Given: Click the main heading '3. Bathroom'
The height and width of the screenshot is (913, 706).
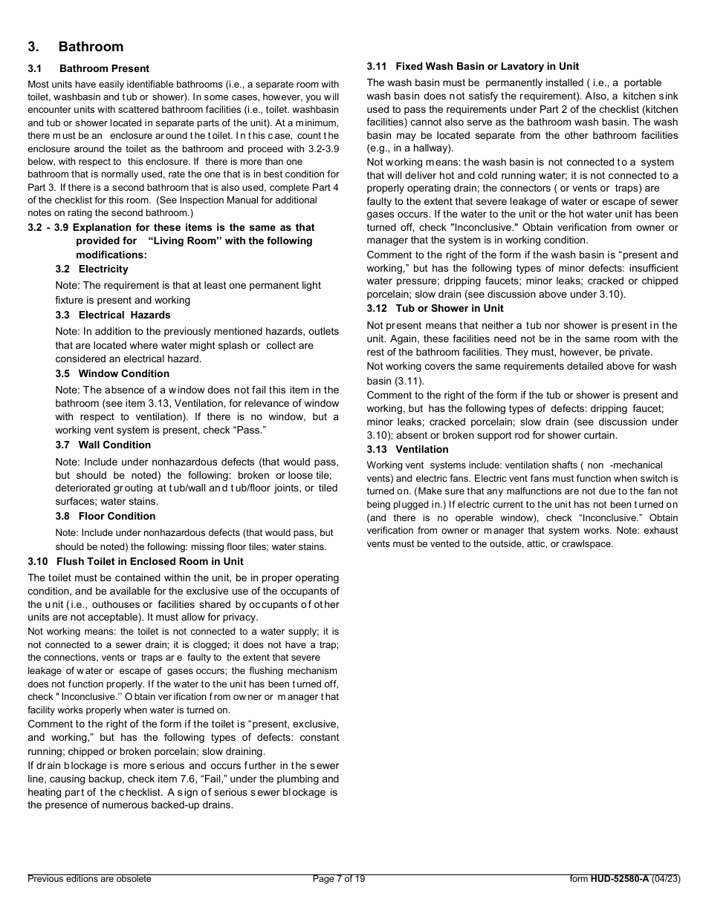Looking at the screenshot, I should [x=75, y=47].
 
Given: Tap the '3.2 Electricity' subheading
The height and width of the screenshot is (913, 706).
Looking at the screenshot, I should [x=91, y=269].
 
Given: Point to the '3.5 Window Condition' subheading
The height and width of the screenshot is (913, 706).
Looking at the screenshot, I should [x=111, y=373].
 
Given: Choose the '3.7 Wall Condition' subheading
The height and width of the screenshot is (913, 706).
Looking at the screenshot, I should [x=103, y=445].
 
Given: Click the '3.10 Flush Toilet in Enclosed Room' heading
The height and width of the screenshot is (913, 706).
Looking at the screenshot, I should [x=135, y=561].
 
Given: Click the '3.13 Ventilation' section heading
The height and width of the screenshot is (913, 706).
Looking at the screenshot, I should [x=407, y=449].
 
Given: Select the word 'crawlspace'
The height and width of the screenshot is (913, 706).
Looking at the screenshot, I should [x=588, y=543].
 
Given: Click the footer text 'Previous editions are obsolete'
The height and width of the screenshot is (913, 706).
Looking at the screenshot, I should [x=89, y=879].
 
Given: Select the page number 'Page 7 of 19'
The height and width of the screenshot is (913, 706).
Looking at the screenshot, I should [x=339, y=879].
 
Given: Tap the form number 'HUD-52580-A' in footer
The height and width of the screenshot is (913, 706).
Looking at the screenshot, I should [x=620, y=879].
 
